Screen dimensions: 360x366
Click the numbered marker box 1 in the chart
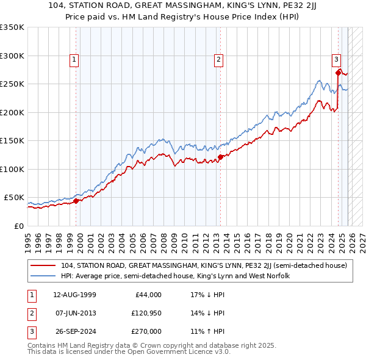pyautogui.click(x=74, y=60)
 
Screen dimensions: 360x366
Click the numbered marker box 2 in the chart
pyautogui.click(x=218, y=60)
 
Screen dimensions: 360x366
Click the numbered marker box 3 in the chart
pyautogui.click(x=336, y=60)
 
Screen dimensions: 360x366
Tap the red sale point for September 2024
pyautogui.click(x=338, y=73)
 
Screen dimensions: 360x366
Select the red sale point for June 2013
pyautogui.click(x=220, y=157)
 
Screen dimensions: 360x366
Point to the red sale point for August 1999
pyautogui.click(x=76, y=201)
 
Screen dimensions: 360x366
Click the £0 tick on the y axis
pyautogui.click(x=18, y=226)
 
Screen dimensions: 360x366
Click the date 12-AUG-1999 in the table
pyautogui.click(x=74, y=295)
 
